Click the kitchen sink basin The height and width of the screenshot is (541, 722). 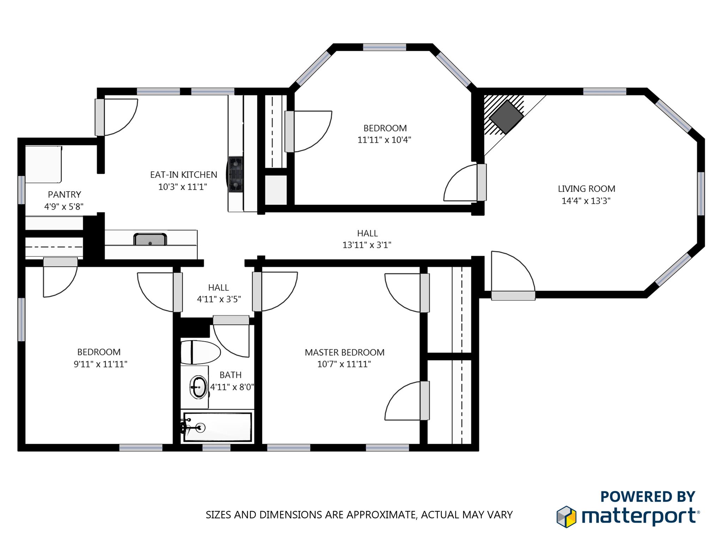pyautogui.click(x=150, y=239)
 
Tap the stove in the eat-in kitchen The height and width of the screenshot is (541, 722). pyautogui.click(x=235, y=174)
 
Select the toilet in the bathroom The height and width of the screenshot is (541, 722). pyautogui.click(x=200, y=352)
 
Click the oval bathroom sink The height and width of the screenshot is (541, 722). pyautogui.click(x=198, y=387)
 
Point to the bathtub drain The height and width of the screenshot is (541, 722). pyautogui.click(x=201, y=428)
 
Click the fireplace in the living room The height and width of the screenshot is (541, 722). pyautogui.click(x=506, y=117)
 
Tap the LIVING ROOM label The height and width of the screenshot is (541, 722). pyautogui.click(x=586, y=188)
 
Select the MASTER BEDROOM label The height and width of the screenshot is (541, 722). pyautogui.click(x=344, y=352)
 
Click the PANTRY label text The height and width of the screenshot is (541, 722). pyautogui.click(x=65, y=194)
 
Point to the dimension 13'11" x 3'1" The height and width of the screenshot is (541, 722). pyautogui.click(x=367, y=245)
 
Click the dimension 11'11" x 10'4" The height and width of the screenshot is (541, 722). pyautogui.click(x=384, y=140)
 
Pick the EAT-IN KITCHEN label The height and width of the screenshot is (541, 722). pyautogui.click(x=184, y=175)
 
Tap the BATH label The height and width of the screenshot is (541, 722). pyautogui.click(x=231, y=375)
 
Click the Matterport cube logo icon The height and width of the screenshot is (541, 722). pyautogui.click(x=566, y=517)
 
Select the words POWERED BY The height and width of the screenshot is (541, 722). pyautogui.click(x=648, y=497)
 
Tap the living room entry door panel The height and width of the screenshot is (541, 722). pyautogui.click(x=513, y=296)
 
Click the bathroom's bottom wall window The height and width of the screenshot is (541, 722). pyautogui.click(x=216, y=448)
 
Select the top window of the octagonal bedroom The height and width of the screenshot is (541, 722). pyautogui.click(x=385, y=47)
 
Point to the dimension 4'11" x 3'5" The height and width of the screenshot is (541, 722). pyautogui.click(x=219, y=299)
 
